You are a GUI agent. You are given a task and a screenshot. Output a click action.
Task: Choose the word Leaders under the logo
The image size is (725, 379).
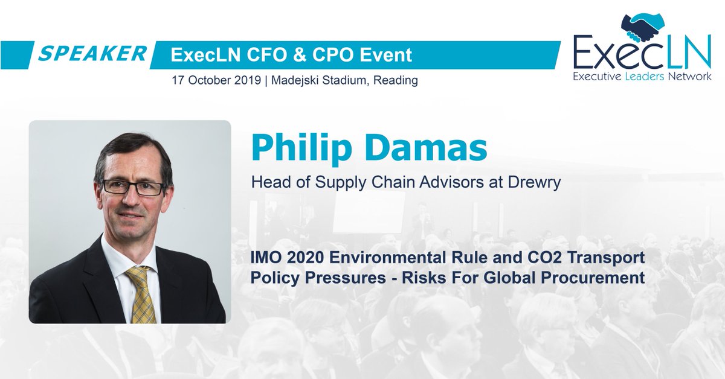click(642, 77)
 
